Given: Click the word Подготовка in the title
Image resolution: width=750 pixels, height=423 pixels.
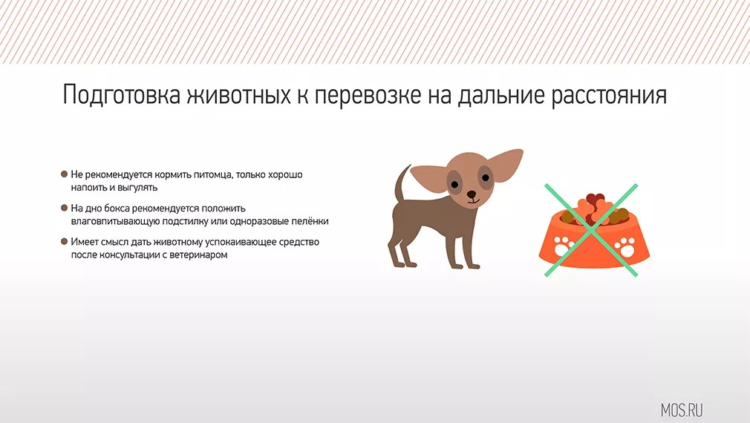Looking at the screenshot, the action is coord(122,96).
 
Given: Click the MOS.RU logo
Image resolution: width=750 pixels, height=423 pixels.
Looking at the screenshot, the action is coord(682,410).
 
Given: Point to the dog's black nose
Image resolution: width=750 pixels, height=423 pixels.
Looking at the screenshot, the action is coord(472,194).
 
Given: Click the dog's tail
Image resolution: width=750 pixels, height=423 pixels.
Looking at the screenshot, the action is coord(402,184).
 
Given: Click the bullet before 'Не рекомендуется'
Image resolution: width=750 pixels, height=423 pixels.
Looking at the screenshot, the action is coord(64,174).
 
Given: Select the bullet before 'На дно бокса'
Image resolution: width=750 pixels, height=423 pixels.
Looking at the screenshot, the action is coord(64,208).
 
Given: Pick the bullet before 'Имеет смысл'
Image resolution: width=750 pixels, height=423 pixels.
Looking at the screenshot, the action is coord(64,241).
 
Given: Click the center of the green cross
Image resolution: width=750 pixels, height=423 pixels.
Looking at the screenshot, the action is coord(591,230).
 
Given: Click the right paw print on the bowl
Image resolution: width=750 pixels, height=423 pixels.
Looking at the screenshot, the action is coord(625,246).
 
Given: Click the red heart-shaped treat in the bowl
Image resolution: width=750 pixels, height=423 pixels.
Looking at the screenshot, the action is coord(595,198).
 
